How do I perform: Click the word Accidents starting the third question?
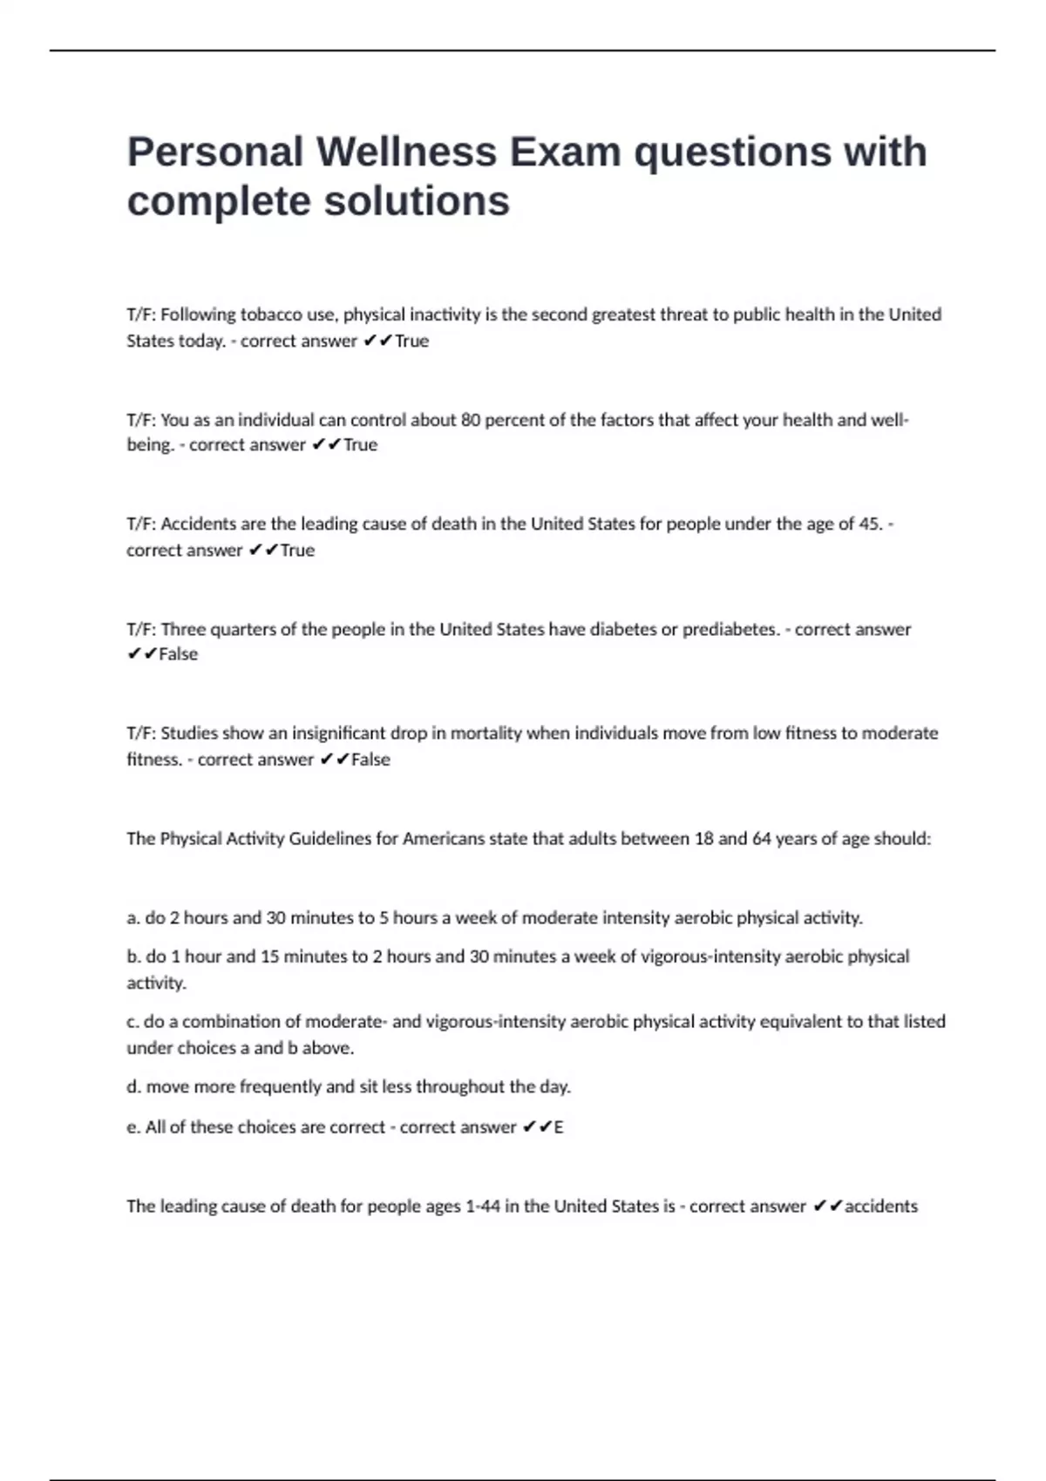tap(200, 524)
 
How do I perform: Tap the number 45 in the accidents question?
tap(869, 524)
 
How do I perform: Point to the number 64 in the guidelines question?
tap(762, 839)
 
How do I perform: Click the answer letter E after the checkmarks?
tap(559, 1127)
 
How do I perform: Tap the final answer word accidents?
tap(881, 1207)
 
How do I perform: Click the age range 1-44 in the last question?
tap(483, 1207)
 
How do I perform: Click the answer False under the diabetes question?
tap(179, 654)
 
